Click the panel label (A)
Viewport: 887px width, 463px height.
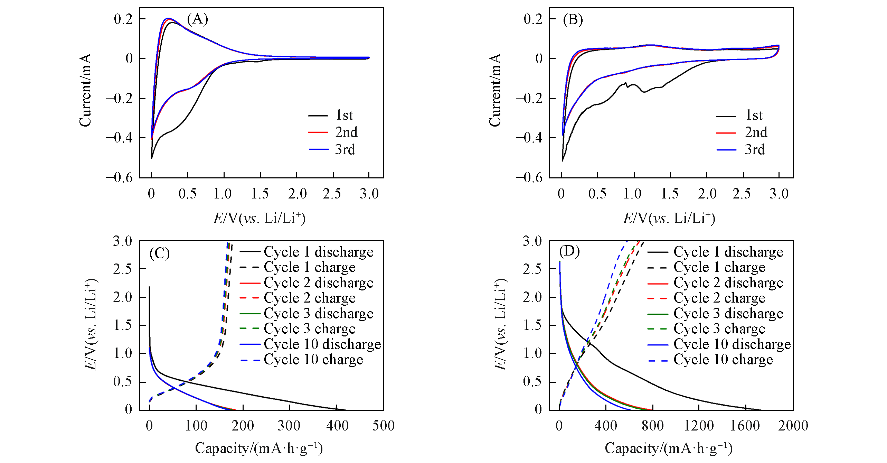pyautogui.click(x=197, y=19)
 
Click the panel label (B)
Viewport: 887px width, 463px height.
pyautogui.click(x=573, y=20)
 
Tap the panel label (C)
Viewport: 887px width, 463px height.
pyautogui.click(x=159, y=253)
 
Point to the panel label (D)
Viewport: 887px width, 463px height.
pyautogui.click(x=569, y=251)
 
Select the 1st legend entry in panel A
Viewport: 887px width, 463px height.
pyautogui.click(x=344, y=115)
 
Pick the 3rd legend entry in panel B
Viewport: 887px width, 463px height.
pyautogui.click(x=755, y=150)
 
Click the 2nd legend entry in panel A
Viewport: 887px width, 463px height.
pyautogui.click(x=346, y=132)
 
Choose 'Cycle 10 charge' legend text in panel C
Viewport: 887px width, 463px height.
pyautogui.click(x=313, y=360)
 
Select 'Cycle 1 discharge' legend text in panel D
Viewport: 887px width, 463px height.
pyautogui.click(x=728, y=252)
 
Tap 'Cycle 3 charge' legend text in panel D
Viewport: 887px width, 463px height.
pyautogui.click(x=719, y=328)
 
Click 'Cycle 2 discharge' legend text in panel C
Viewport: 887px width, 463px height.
pyautogui.click(x=319, y=283)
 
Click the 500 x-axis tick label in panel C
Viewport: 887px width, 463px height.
pyautogui.click(x=383, y=426)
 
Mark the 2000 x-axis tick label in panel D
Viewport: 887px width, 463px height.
pyautogui.click(x=793, y=426)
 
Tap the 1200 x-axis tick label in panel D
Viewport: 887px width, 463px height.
pyautogui.click(x=699, y=426)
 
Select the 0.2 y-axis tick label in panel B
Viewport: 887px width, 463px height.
pyautogui.click(x=533, y=19)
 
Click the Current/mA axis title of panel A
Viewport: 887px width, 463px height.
pyautogui.click(x=85, y=90)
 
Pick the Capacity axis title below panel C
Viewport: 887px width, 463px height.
pyautogui.click(x=259, y=448)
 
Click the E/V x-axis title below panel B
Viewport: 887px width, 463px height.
pyautogui.click(x=669, y=218)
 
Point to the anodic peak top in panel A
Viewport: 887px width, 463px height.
pyautogui.click(x=169, y=18)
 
